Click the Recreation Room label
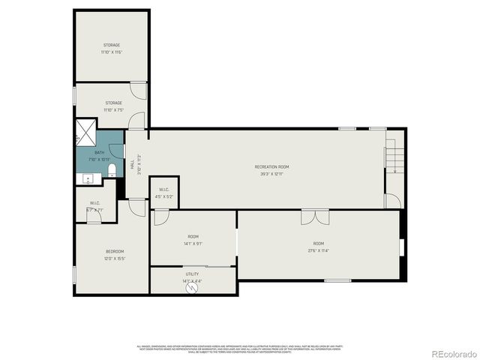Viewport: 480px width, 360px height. (x=271, y=166)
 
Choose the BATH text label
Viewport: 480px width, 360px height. (x=99, y=152)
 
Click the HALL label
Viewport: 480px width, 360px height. (x=133, y=163)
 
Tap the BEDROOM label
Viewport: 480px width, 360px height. (x=114, y=250)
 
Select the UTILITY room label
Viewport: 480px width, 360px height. (x=192, y=274)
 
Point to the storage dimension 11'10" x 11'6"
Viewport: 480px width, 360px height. (x=112, y=52)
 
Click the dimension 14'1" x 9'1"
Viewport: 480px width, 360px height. (x=193, y=244)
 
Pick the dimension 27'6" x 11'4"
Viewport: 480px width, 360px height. (x=319, y=250)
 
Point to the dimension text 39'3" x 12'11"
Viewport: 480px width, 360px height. (x=271, y=173)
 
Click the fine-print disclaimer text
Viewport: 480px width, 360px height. (x=239, y=349)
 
